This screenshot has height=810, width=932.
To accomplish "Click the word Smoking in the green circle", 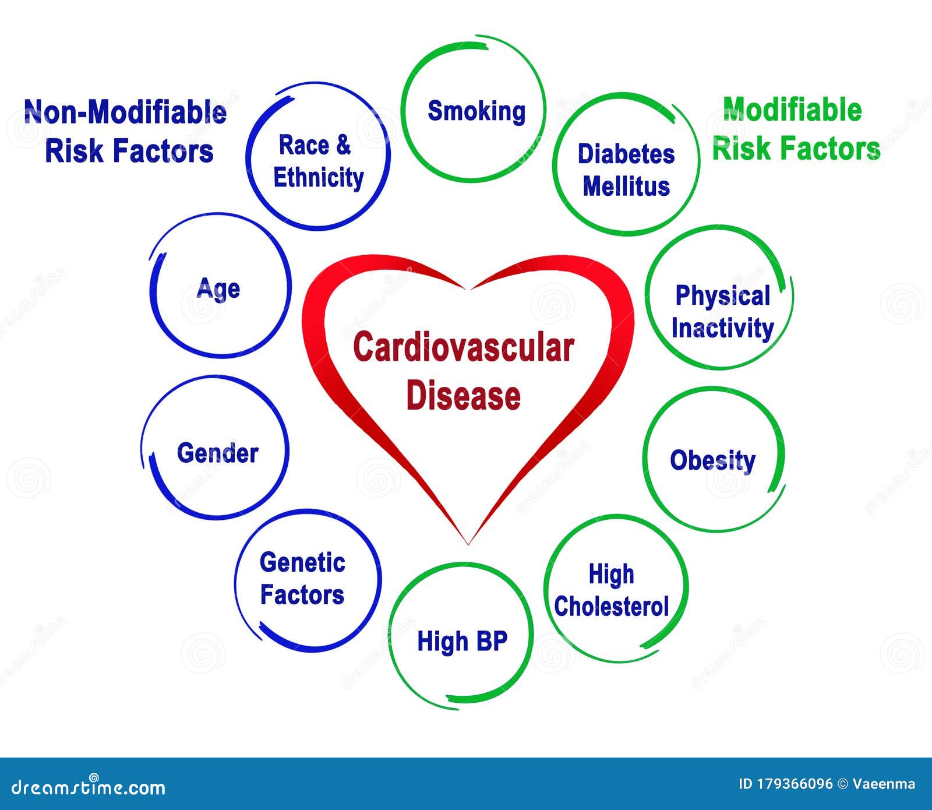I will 476,111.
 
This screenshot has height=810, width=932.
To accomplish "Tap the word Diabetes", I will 626,154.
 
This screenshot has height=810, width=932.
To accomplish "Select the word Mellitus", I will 626,186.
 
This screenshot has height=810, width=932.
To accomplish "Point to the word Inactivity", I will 722,328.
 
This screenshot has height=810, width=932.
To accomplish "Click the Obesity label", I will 712,460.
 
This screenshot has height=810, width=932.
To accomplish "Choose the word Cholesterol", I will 611,607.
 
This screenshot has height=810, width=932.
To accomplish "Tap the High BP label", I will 463,641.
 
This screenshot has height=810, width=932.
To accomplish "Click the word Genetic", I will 302,563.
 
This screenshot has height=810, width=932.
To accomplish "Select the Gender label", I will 217,453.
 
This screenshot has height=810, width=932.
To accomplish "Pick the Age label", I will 218,288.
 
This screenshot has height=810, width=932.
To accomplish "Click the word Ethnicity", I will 319,178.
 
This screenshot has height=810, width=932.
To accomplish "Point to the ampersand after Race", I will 344,145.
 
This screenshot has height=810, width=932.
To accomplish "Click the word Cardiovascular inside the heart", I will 464,348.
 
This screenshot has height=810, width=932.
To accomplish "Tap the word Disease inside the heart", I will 463,396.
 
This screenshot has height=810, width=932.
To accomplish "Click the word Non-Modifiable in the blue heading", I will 125,112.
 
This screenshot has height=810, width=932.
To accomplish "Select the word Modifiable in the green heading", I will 792,110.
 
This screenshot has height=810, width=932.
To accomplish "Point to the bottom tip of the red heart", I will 468,543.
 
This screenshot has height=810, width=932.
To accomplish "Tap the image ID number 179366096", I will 795,784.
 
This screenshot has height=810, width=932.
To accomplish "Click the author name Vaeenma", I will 884,784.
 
